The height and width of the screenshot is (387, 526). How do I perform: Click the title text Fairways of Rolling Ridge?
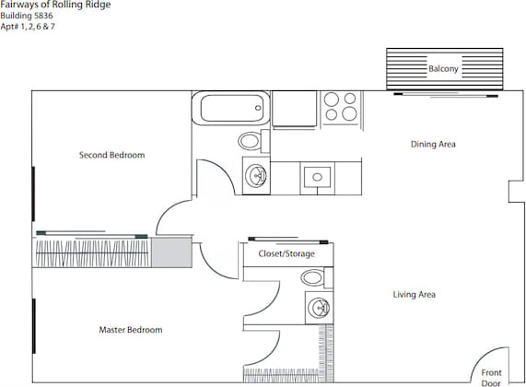(x=55, y=6)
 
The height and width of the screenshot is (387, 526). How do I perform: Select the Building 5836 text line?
(x=28, y=16)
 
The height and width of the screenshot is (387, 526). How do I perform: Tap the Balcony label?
(x=443, y=69)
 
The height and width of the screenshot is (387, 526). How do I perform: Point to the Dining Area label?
(x=433, y=145)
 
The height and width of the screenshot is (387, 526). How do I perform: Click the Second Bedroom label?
(x=111, y=155)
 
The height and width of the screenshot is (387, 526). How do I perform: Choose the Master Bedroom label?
(x=131, y=330)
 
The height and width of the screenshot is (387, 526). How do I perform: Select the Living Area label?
(x=414, y=295)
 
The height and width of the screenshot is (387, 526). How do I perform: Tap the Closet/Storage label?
(x=286, y=253)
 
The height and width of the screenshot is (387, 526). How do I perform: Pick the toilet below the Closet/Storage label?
(x=314, y=277)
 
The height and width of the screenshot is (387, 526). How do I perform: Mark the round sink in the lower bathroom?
(x=319, y=307)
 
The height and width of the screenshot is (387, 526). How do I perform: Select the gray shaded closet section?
(x=169, y=252)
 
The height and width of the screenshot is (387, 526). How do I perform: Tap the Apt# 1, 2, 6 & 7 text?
(x=33, y=27)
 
